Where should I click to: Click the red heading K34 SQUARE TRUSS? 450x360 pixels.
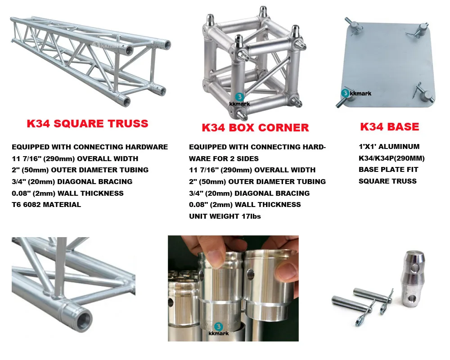(87, 123)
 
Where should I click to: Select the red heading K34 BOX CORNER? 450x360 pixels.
(255, 127)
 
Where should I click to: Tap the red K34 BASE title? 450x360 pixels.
(389, 126)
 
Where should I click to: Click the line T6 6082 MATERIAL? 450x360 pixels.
(46, 204)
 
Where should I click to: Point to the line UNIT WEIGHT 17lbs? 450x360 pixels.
(225, 216)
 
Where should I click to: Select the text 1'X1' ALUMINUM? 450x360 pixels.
(389, 146)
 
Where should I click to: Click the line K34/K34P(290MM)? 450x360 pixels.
(391, 158)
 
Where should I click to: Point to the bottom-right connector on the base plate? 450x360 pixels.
(425, 95)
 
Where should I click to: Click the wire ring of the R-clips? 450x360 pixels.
(360, 320)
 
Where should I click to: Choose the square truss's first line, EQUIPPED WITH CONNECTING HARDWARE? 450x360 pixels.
(90, 147)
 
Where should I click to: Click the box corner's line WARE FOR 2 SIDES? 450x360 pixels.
(224, 158)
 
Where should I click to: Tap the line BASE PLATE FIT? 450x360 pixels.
(388, 170)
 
